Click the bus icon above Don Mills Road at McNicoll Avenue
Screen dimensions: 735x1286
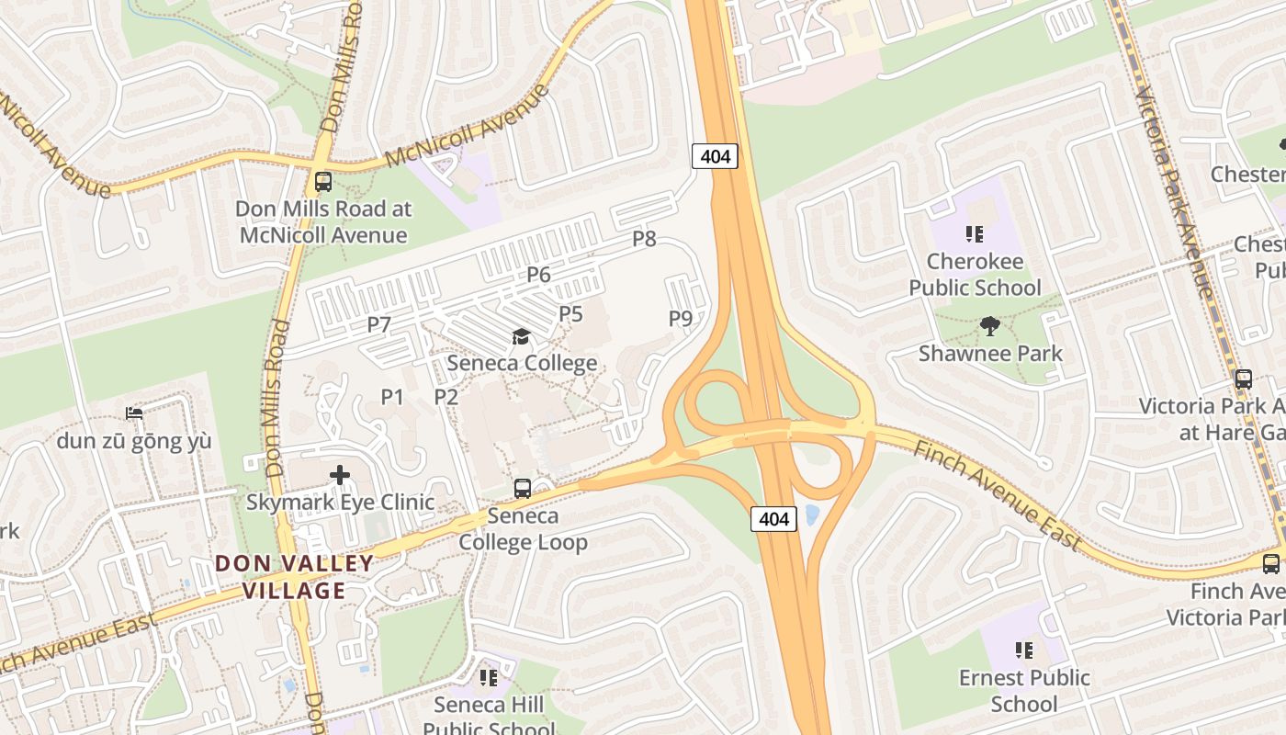coord(322,181)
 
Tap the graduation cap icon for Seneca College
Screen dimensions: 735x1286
coord(522,336)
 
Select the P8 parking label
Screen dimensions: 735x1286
coord(644,239)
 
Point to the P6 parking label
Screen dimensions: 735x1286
coord(538,274)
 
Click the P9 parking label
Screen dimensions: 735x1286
coord(680,319)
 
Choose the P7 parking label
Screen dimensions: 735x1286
coord(379,324)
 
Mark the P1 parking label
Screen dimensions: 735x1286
coord(392,397)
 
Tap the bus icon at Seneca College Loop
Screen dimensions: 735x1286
coord(522,489)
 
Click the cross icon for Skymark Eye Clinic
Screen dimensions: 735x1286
coord(340,475)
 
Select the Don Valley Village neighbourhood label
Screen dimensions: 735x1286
coord(295,577)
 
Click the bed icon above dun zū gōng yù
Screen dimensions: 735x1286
coord(134,413)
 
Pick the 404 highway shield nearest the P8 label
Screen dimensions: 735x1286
coord(715,156)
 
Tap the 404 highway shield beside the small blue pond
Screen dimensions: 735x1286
coord(773,519)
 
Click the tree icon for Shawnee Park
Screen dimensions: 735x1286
coord(989,325)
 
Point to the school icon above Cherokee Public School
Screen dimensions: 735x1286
coord(974,234)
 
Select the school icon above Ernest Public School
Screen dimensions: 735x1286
coord(1023,650)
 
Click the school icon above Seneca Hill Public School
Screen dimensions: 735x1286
coord(488,678)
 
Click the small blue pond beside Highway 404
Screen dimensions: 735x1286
coord(811,514)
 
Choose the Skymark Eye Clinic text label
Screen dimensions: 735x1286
coord(340,503)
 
